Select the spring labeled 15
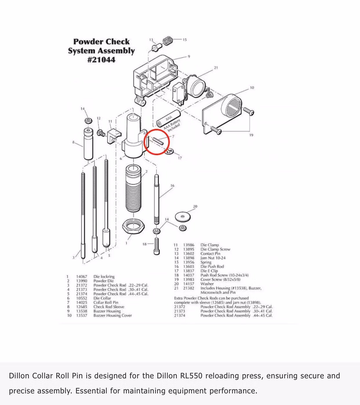(x=168, y=41)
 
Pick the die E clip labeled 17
(x=169, y=151)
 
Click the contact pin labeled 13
(x=157, y=47)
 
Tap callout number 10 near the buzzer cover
(x=252, y=87)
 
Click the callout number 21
(x=216, y=67)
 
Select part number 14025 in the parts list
(x=81, y=302)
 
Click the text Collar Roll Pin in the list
(x=106, y=302)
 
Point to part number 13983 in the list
(x=188, y=280)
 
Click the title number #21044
(x=101, y=60)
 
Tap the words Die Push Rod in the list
(x=212, y=267)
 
